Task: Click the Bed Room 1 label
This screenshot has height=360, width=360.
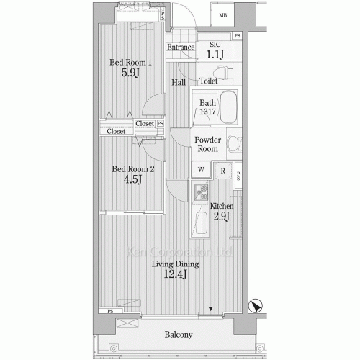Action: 130,62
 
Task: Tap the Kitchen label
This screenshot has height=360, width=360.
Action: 222,207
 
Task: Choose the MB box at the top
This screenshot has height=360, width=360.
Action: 223,15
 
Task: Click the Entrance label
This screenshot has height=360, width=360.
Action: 181,48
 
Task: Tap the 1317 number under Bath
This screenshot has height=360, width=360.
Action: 207,113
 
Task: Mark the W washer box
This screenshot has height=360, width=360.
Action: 201,170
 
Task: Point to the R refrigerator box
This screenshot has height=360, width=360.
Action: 223,171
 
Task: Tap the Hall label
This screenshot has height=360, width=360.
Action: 179,82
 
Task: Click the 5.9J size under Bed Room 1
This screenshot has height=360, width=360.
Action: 130,73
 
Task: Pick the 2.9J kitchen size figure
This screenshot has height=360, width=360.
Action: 220,217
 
